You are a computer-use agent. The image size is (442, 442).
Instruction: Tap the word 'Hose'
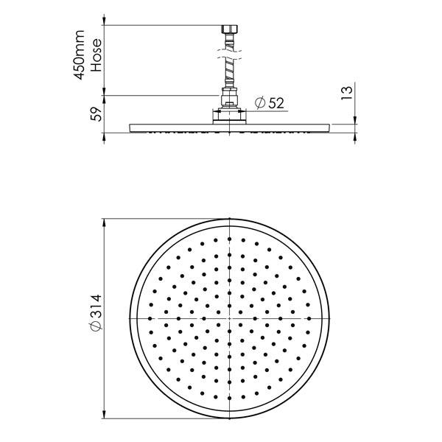point(96,57)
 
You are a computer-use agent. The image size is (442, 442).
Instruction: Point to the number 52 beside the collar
point(276,103)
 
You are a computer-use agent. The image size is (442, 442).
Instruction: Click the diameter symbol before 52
point(259,103)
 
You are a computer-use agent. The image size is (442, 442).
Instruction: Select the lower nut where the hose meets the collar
point(230,97)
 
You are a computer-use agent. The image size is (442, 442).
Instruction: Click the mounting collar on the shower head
point(230,116)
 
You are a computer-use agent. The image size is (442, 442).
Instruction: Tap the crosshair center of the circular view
point(230,318)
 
